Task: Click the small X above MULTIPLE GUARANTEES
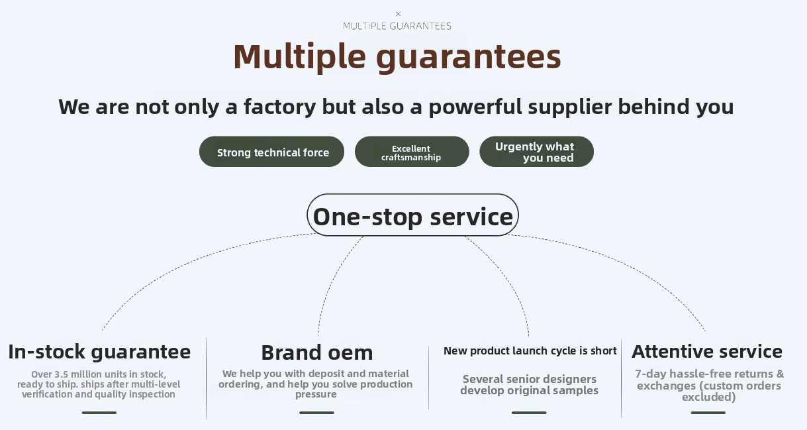398,14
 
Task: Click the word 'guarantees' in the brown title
468,58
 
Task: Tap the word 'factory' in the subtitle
279,107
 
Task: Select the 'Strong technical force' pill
271,151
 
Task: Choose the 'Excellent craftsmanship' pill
412,151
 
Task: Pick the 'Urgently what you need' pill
536,151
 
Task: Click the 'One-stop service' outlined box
412,215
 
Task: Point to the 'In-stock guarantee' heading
99,352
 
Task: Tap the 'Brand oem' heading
317,352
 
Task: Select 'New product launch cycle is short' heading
530,350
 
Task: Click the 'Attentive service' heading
707,351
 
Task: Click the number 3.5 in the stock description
61,374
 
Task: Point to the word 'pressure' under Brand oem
316,395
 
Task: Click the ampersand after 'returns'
781,374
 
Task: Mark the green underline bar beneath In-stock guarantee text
99,413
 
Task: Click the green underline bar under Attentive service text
708,413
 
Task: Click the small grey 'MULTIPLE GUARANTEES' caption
397,26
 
